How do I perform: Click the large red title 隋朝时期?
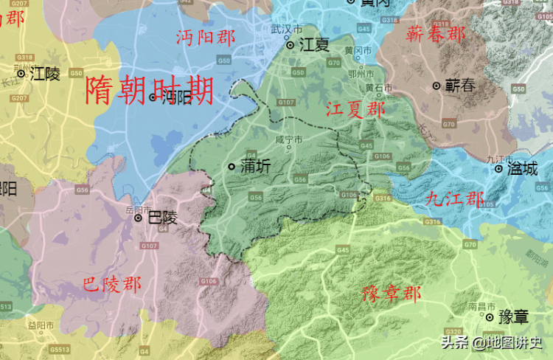150,91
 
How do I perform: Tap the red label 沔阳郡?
206,38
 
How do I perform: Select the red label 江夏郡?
355,111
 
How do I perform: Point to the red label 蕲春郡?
437,34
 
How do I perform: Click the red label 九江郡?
455,198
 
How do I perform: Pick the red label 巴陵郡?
112,284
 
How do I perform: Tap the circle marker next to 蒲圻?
232,167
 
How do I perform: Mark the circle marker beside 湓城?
498,168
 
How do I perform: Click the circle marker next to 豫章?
490,317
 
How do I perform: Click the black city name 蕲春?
460,86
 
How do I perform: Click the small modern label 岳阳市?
138,209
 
